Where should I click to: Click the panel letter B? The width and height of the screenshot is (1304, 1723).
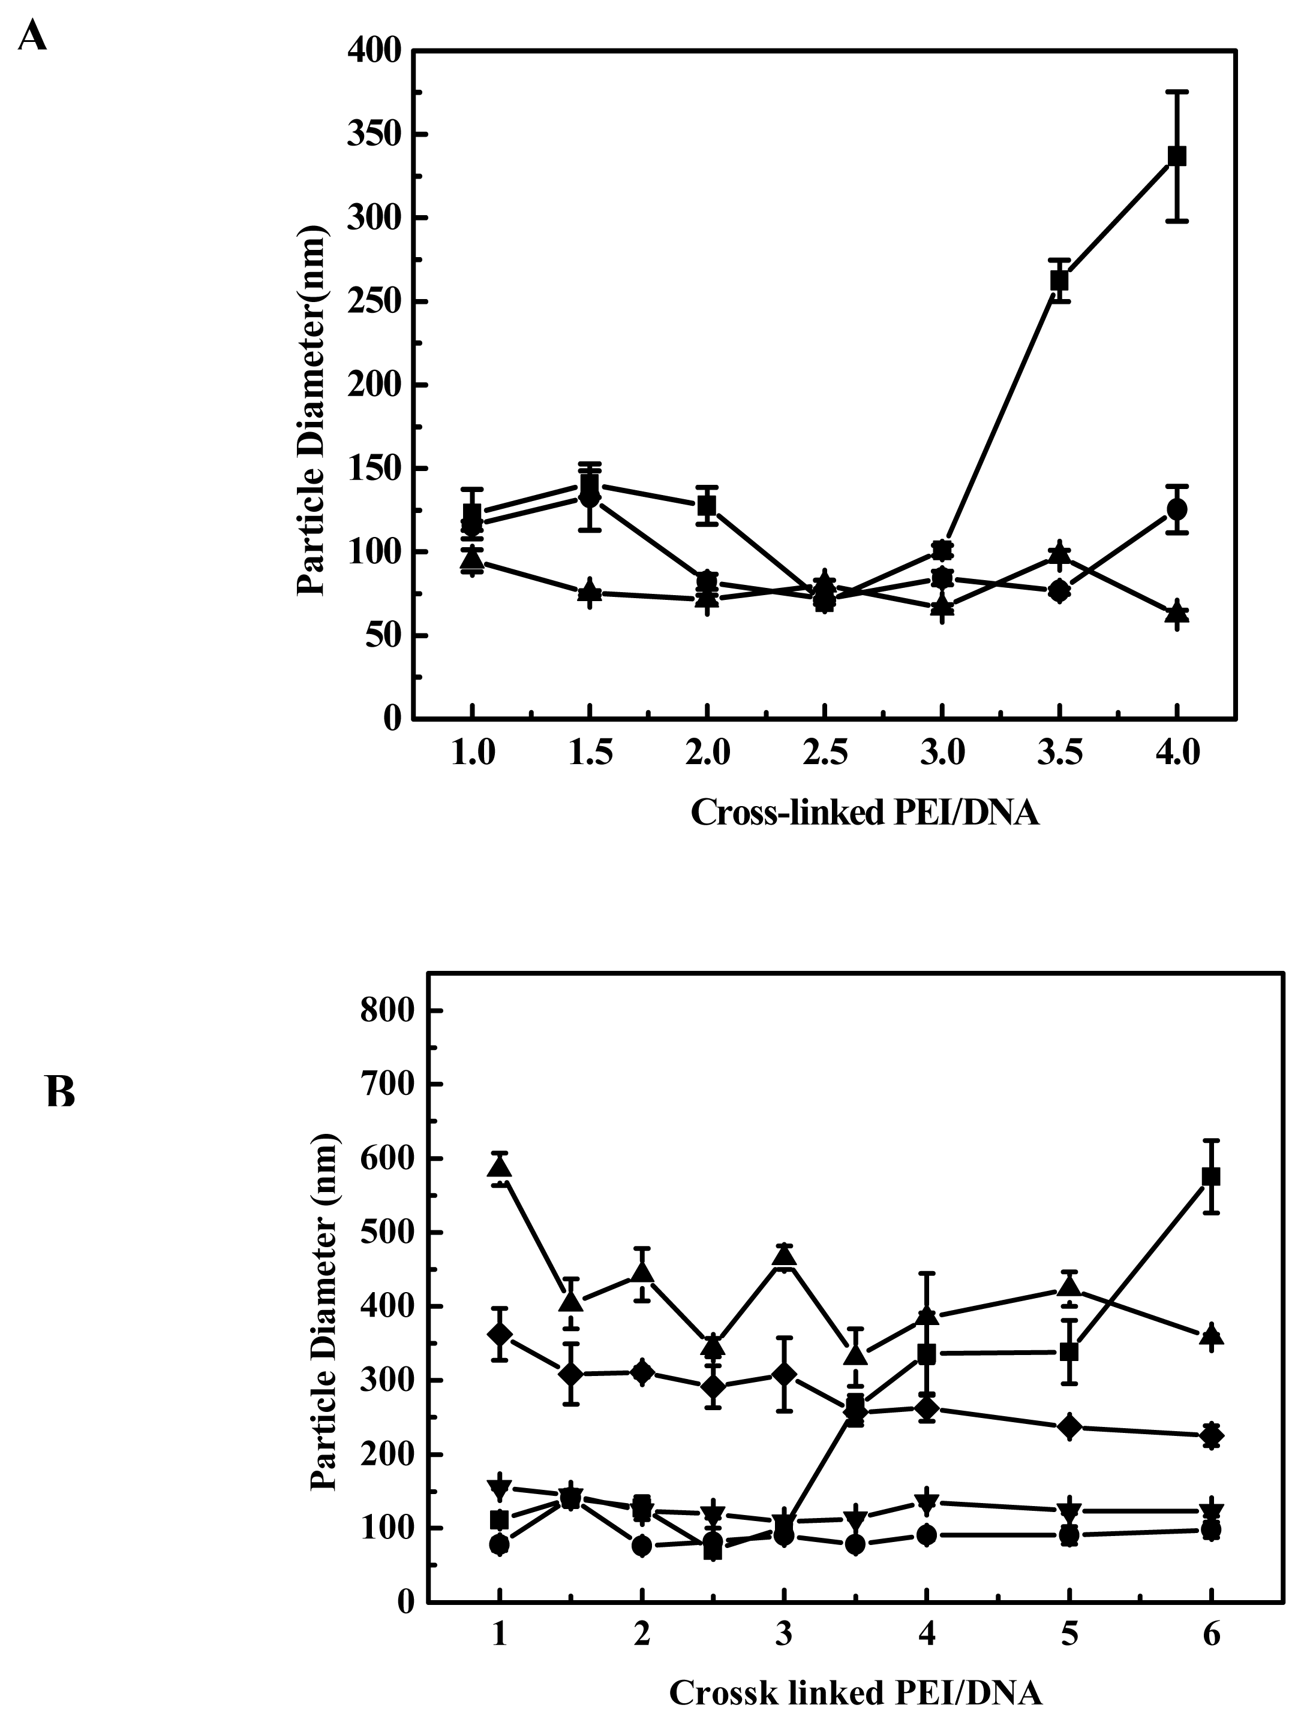[x=60, y=1091]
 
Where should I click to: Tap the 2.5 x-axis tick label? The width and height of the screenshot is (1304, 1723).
[x=825, y=754]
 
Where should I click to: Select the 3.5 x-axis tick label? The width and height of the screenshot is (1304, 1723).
[x=1059, y=754]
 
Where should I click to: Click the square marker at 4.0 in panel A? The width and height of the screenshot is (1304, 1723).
[x=1177, y=156]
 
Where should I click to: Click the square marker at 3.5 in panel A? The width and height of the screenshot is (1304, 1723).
[x=1059, y=280]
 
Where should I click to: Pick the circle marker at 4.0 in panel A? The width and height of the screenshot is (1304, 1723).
[x=1177, y=509]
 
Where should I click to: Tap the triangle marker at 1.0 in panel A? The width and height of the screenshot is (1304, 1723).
[x=472, y=559]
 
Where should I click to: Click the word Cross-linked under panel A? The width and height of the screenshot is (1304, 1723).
[x=787, y=814]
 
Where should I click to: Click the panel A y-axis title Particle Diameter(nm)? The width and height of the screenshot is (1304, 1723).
[x=312, y=411]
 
